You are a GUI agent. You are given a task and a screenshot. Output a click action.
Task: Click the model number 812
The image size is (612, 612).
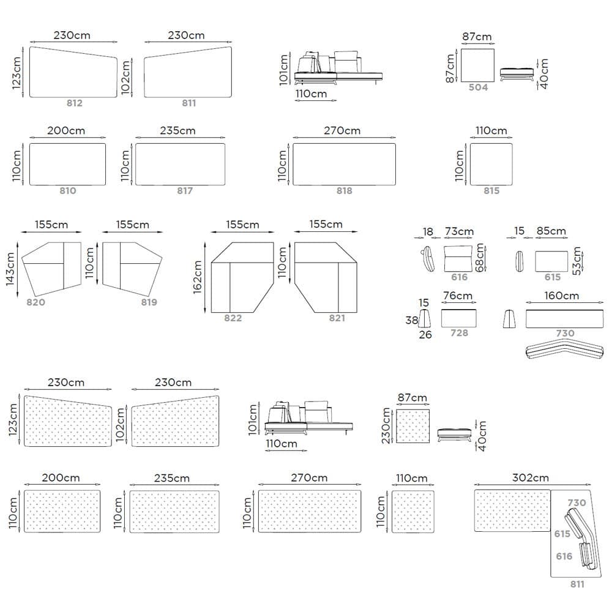coord(74,103)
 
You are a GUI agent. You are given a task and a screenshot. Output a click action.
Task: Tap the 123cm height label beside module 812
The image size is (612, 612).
coord(17,72)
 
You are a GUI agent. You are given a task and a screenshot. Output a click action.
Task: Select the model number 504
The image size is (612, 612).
coord(478,88)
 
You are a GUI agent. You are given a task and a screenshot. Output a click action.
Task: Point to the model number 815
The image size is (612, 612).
coord(491,190)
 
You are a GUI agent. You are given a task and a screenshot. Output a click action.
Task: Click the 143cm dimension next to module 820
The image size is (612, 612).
coord(17,274)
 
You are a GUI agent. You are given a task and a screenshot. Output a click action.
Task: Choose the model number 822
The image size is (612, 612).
coord(233,318)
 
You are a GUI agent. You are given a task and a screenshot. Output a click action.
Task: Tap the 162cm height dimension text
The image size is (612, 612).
coord(198,277)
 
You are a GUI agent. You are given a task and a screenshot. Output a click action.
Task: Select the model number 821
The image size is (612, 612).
coord(337,318)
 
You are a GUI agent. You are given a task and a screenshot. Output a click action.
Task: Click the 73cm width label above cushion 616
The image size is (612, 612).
coord(460,231)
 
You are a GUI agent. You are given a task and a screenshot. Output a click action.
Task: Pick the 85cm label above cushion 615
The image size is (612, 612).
coord(551,231)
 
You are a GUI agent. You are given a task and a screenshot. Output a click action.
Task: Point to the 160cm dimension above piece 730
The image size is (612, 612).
coord(561,296)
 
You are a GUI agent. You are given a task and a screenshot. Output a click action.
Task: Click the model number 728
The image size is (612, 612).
coord(458,332)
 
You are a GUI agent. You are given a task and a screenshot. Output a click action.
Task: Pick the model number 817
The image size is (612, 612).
coord(185,190)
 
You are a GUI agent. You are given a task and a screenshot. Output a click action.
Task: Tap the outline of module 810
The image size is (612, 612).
coord(67,144)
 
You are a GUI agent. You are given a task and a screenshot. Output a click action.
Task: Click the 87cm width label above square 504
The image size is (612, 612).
coord(477,37)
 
